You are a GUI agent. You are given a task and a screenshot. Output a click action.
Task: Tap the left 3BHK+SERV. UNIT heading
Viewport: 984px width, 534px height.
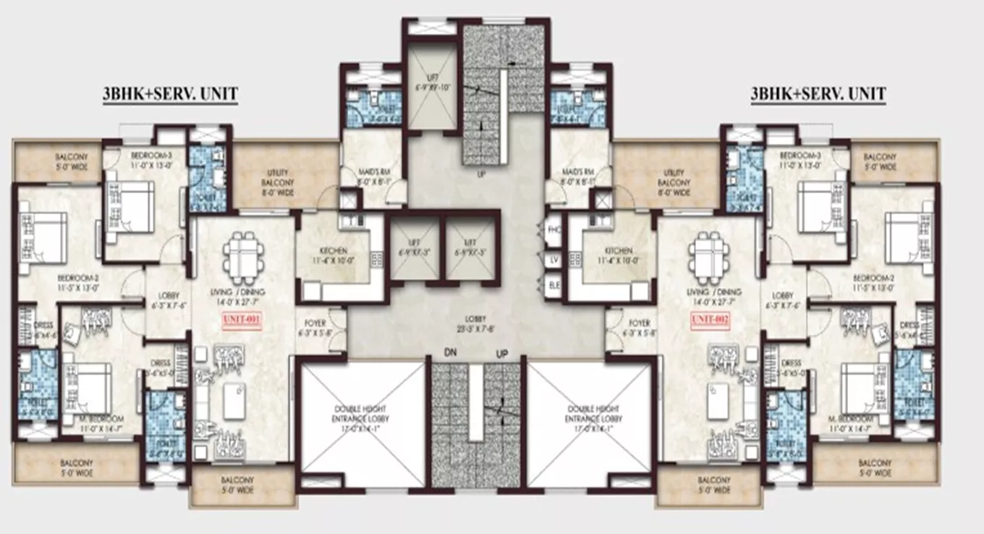pyautogui.click(x=171, y=94)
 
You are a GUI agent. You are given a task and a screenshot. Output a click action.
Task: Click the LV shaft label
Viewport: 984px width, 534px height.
pyautogui.click(x=555, y=258)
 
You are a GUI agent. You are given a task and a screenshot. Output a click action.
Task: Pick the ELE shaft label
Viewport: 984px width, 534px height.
pyautogui.click(x=555, y=284)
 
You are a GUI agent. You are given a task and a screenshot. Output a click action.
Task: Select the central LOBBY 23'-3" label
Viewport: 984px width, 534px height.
pyautogui.click(x=475, y=323)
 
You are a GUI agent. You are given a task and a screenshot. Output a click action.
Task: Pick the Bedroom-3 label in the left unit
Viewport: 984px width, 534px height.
pyautogui.click(x=150, y=160)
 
